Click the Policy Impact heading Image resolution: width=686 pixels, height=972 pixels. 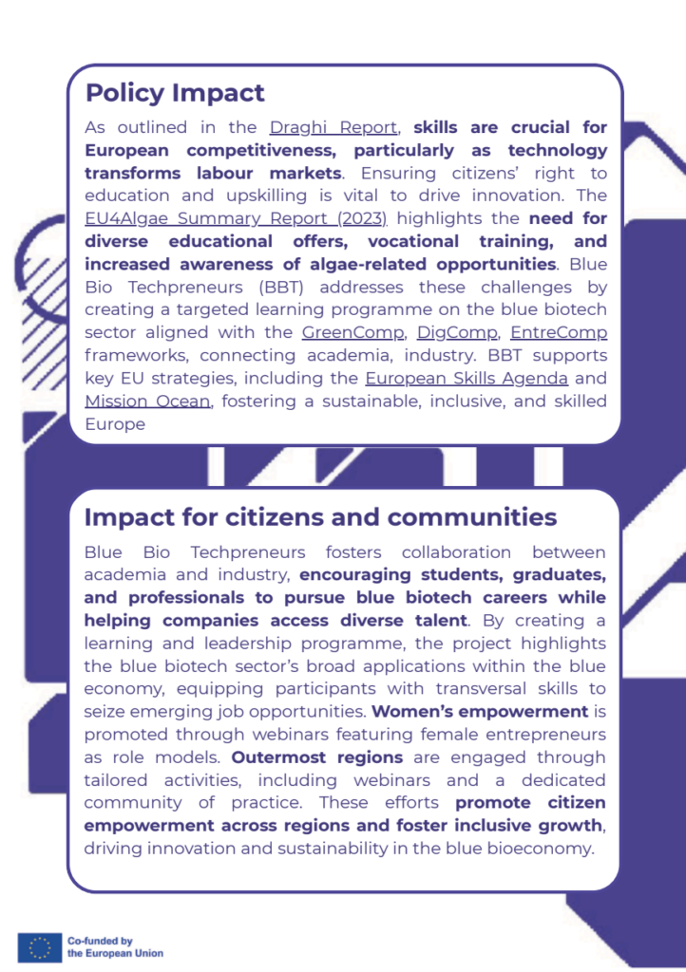tap(175, 93)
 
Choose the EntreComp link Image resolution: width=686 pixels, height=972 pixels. tap(559, 332)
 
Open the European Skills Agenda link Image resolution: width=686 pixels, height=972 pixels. tap(467, 378)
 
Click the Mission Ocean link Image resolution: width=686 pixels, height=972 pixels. tap(147, 401)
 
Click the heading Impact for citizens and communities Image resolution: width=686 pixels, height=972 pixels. tap(320, 517)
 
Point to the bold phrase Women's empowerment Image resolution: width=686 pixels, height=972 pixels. tap(479, 711)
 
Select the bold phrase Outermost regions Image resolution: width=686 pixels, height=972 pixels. tap(317, 757)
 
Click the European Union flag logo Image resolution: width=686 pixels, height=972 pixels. tap(39, 946)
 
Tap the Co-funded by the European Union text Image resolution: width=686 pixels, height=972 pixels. tap(115, 946)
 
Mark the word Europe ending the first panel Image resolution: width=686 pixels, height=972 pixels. tap(115, 423)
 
